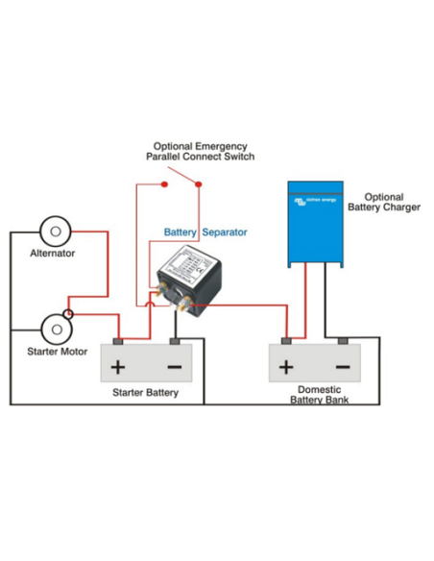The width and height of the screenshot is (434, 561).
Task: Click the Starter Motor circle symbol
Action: tap(58, 329)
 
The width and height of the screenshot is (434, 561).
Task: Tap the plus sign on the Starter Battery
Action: tap(118, 367)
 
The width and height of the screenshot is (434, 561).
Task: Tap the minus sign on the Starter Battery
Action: tap(174, 367)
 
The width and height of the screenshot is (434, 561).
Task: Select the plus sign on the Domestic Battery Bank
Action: tap(285, 367)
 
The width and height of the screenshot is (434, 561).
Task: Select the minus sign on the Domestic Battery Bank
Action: tap(342, 367)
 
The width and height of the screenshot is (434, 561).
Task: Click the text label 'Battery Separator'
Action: tap(205, 232)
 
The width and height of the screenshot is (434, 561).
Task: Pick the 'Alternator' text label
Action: tap(53, 254)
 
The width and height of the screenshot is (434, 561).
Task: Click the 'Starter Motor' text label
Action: tap(57, 352)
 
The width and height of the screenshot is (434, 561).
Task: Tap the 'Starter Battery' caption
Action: tap(145, 393)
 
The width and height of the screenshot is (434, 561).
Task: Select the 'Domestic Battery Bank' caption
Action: tap(314, 394)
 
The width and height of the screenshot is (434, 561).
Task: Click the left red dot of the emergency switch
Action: tap(165, 183)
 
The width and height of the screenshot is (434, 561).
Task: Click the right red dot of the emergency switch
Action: tap(198, 183)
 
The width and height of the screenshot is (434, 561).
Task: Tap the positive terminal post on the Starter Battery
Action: tap(118, 341)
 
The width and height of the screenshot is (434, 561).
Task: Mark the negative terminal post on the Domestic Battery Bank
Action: tap(342, 341)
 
